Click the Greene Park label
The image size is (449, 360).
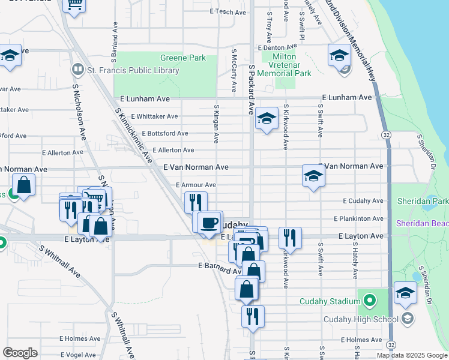coord(183,58)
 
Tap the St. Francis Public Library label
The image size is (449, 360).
coord(133,71)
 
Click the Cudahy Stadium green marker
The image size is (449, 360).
coord(369,298)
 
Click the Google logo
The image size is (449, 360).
coord(20,352)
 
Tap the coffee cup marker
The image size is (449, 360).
coord(209,223)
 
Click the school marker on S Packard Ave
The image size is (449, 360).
coord(266,119)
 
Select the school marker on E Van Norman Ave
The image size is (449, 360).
coord(313,176)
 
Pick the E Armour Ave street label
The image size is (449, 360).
coord(196,185)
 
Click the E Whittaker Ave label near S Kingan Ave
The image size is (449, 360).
coord(154,116)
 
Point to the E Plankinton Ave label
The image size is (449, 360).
coord(358,219)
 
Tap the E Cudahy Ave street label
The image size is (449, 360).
coord(363,202)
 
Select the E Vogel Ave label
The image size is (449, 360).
coord(78,355)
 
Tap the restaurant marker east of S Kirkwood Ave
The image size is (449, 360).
coord(290,238)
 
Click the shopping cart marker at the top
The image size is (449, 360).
coord(74,5)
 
